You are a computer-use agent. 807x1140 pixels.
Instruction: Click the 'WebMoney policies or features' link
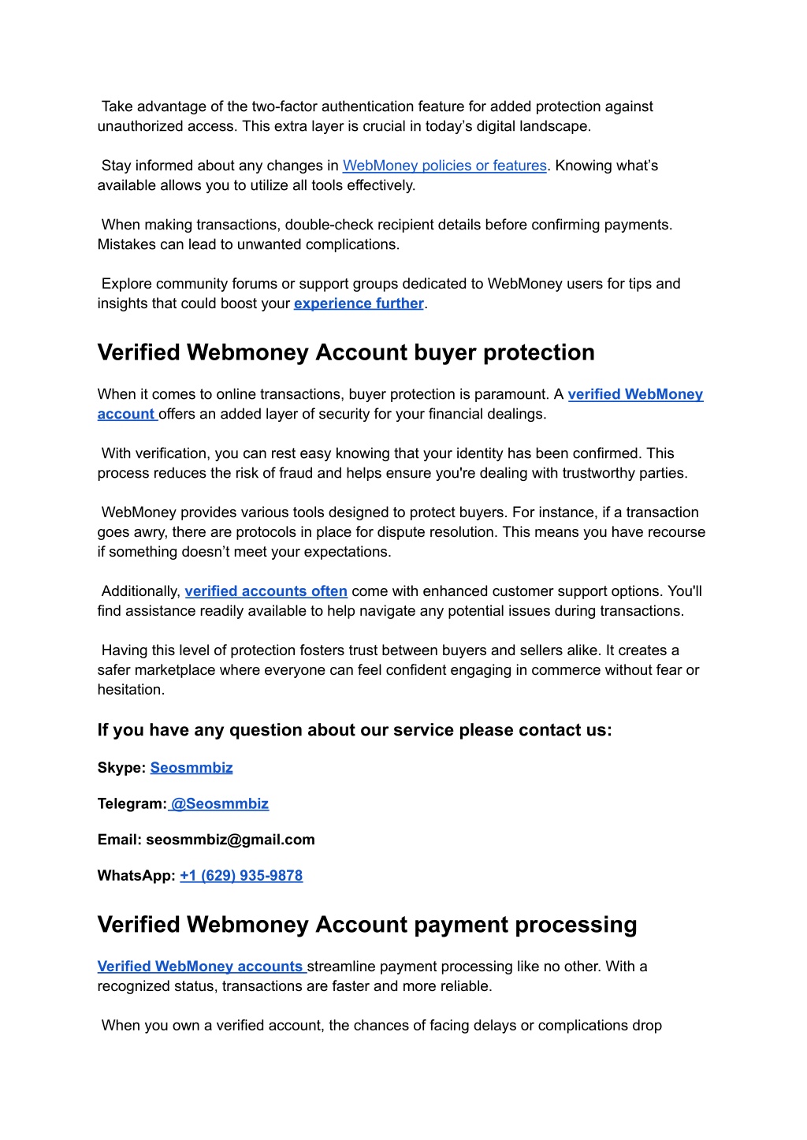pos(444,166)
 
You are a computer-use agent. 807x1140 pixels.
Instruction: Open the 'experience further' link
pos(359,304)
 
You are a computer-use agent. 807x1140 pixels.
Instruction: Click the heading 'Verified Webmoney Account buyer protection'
pos(346,352)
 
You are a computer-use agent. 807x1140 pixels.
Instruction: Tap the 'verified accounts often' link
pos(266,591)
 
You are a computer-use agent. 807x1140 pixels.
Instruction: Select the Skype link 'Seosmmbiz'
pos(192,768)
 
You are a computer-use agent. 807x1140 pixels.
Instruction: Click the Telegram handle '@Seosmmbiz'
pos(219,804)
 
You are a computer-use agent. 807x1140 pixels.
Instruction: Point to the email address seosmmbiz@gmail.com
pos(230,840)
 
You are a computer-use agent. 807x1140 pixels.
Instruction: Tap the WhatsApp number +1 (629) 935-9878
pos(241,876)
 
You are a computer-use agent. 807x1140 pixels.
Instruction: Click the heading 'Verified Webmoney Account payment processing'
pos(367,925)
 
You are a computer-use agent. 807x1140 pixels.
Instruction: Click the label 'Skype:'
pos(121,768)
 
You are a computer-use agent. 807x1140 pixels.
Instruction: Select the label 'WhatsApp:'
pos(136,876)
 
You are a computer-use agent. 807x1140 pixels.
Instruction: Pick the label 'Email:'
pos(119,840)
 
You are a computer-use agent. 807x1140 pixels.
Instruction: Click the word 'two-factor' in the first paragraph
pos(284,106)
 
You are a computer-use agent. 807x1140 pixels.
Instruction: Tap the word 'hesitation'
pos(130,690)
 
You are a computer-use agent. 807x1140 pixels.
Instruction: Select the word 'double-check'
pos(325,225)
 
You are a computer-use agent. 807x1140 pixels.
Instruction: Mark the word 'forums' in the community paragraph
pos(254,284)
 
